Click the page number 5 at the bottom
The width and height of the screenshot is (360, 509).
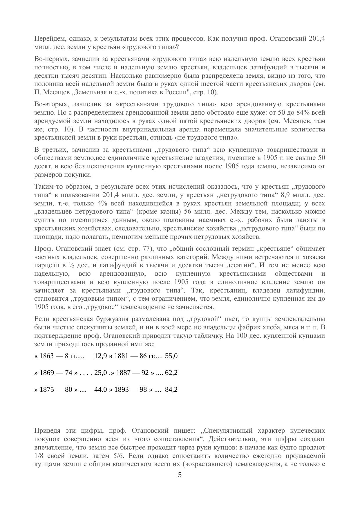(180, 475)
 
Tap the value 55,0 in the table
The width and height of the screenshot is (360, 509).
(171, 356)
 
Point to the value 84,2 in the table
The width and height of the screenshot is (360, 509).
(171, 389)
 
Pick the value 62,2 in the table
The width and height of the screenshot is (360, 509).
(171, 373)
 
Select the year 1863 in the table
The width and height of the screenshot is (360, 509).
(46, 356)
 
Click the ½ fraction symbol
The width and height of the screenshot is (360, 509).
(72, 265)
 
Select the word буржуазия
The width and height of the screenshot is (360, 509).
(114, 319)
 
